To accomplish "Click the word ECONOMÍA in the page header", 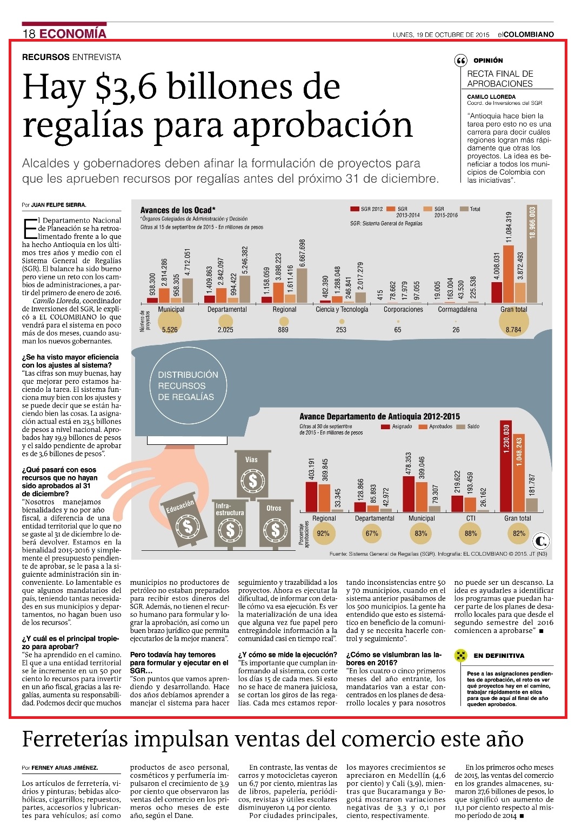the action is pyautogui.click(x=73, y=34).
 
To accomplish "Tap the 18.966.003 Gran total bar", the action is pyautogui.click(x=532, y=254).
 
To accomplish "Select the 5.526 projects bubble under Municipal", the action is pyautogui.click(x=170, y=322).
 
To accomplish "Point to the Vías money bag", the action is pyautogui.click(x=252, y=475).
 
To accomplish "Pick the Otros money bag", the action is pyautogui.click(x=275, y=524).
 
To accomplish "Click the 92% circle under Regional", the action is pyautogui.click(x=323, y=533).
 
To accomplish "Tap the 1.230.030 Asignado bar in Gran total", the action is pyautogui.click(x=506, y=466).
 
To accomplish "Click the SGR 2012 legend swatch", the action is pyautogui.click(x=355, y=209).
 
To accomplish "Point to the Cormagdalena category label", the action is pyautogui.click(x=457, y=309).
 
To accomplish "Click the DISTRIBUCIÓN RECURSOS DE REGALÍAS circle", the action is pyautogui.click(x=188, y=386).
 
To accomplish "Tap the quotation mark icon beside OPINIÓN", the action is pyautogui.click(x=460, y=61).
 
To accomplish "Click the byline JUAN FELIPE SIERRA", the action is pyautogui.click(x=58, y=205).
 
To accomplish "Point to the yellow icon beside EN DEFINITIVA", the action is pyautogui.click(x=460, y=656).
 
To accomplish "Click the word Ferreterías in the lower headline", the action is pyautogui.click(x=75, y=739).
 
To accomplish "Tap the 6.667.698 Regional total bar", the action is pyautogui.click(x=302, y=285).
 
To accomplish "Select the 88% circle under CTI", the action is pyautogui.click(x=470, y=533).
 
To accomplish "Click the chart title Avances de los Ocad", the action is pyautogui.click(x=178, y=210).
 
